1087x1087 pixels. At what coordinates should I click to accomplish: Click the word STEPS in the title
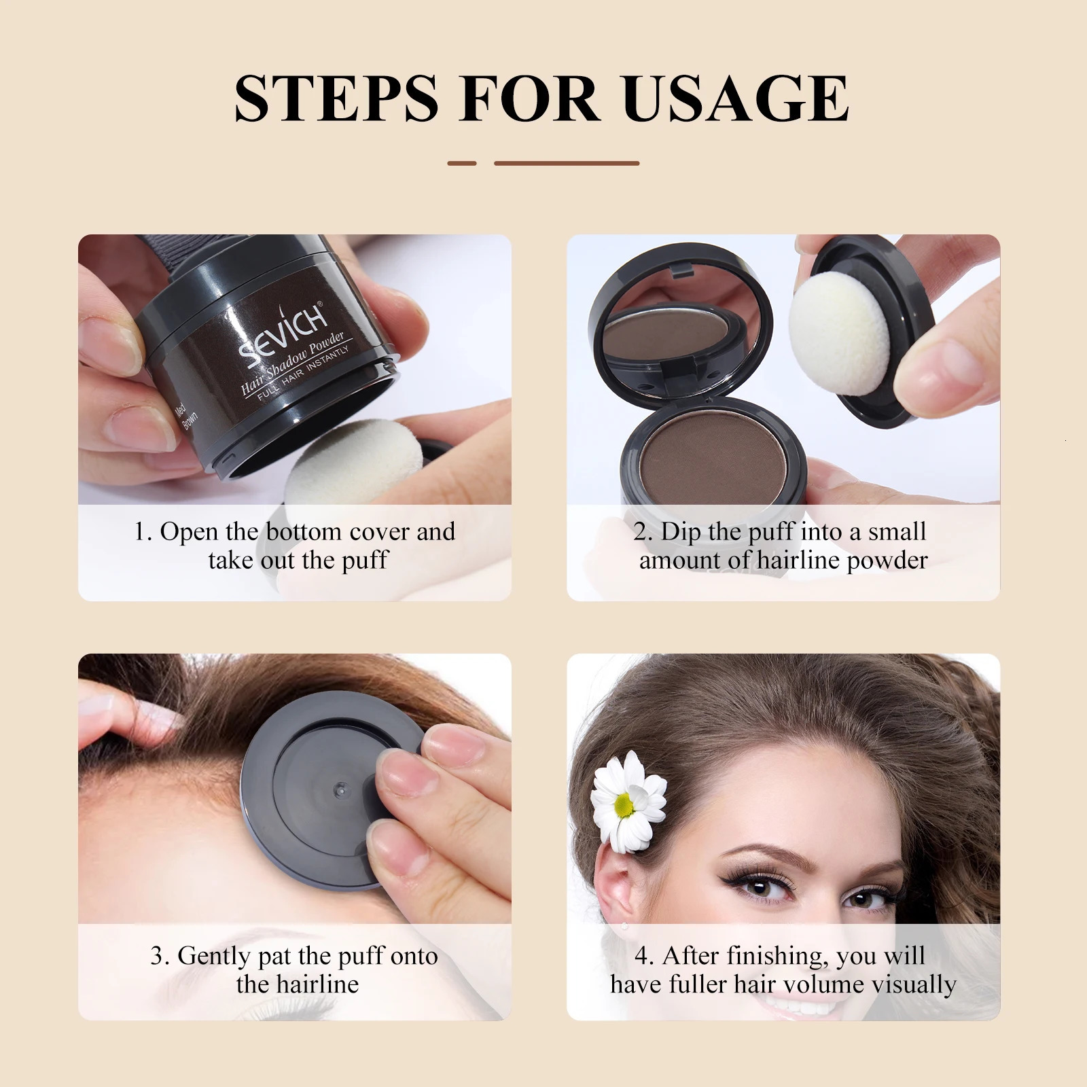tap(336, 99)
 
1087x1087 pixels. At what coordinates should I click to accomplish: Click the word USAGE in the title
tap(735, 99)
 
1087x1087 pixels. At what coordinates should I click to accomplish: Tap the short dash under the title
tap(462, 163)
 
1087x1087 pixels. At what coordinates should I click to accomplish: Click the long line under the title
tap(567, 163)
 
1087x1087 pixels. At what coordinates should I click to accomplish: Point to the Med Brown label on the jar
tap(185, 415)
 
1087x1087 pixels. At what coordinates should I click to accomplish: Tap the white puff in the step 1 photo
tap(340, 455)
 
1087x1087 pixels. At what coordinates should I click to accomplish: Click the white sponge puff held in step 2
tap(837, 338)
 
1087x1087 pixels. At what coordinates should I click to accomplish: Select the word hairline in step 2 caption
tap(799, 560)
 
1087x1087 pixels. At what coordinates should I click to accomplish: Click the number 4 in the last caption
tap(641, 956)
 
